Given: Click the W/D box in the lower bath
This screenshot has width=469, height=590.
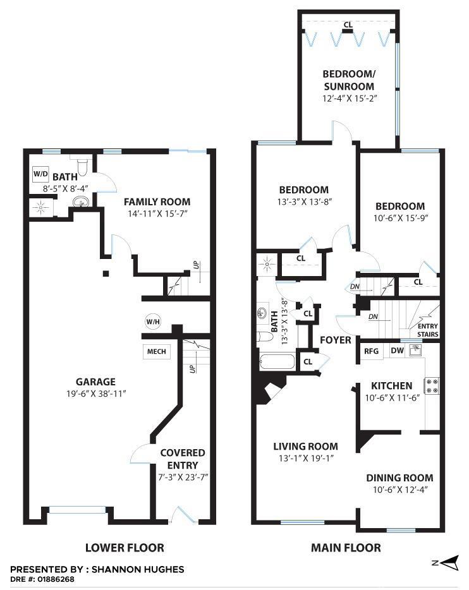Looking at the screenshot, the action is point(40,174).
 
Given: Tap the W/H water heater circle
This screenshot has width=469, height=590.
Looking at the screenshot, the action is point(153,322).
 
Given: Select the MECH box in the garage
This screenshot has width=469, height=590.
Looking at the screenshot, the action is point(156,351).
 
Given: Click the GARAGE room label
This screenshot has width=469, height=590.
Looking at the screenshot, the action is point(95,382).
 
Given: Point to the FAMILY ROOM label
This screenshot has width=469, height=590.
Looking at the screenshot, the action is point(157,202).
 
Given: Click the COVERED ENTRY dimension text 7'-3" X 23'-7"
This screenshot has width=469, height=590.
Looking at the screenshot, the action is point(183,477).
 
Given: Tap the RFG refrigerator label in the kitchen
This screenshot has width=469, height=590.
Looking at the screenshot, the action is point(371,351).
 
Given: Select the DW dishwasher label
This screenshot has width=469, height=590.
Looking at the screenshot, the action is point(397,351).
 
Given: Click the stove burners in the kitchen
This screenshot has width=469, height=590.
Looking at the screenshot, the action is point(432,386).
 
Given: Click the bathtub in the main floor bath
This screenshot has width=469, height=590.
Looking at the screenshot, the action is point(277,361).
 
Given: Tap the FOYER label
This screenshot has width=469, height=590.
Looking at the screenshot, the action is point(336,340).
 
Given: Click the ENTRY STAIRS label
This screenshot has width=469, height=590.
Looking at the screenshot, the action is point(428,330).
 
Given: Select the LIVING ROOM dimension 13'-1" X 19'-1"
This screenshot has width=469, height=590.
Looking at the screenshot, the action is point(305,459).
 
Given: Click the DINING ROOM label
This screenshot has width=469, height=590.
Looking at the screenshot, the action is point(399,478).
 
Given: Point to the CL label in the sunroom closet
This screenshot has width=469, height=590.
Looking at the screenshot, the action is point(348,25).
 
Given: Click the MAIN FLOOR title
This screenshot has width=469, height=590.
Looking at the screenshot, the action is point(346,548).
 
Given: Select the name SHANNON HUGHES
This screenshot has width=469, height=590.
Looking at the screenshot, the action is point(138,569).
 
